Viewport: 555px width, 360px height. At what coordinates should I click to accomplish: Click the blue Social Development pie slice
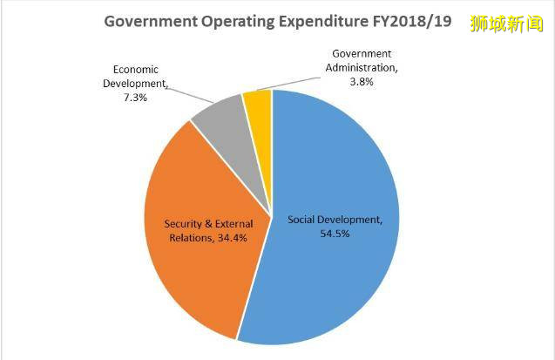(x=340, y=279)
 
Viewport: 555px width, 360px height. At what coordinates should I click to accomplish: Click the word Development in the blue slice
(x=353, y=219)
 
